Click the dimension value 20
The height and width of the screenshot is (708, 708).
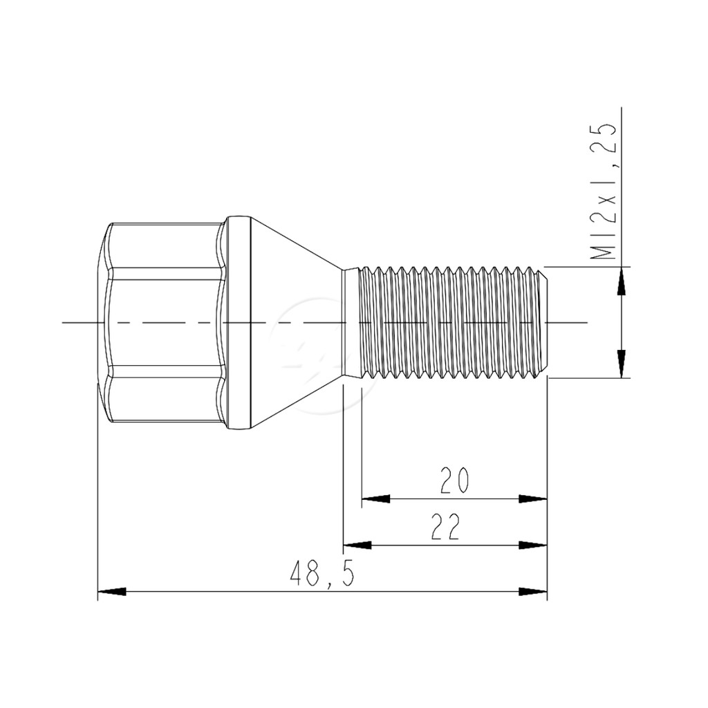tap(455, 480)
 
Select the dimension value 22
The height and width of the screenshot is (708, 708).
tap(446, 526)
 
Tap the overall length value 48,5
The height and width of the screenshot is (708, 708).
tap(322, 573)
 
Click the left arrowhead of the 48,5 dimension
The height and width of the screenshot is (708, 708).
tap(112, 592)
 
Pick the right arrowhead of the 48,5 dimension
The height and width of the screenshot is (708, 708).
tap(533, 592)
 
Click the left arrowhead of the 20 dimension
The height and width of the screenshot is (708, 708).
tap(375, 499)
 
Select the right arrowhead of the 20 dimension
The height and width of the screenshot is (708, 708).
tap(533, 499)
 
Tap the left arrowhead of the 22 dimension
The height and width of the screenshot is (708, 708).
tap(357, 545)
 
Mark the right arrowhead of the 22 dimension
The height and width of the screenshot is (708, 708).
tap(533, 545)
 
